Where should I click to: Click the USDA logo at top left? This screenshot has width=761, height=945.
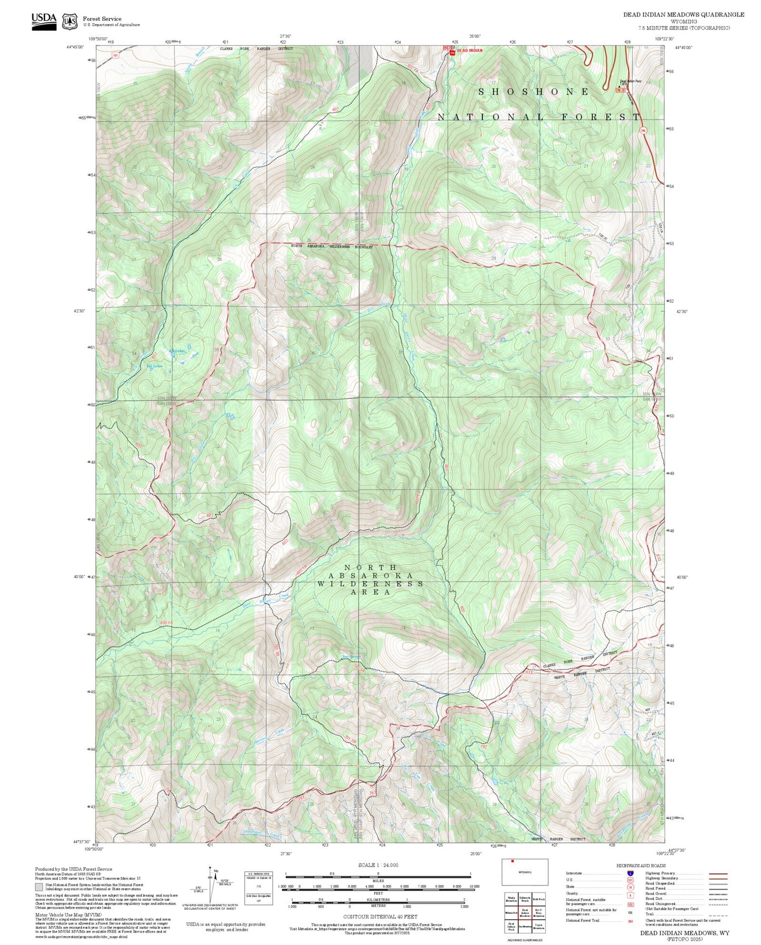[44, 21]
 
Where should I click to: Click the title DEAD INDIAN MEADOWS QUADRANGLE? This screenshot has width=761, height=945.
[684, 15]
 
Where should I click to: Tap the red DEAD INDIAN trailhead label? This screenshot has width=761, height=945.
[469, 51]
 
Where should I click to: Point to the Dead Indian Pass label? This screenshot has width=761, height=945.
[630, 81]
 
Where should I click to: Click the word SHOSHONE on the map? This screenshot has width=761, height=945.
[534, 92]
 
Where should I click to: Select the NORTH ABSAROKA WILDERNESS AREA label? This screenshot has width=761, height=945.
[370, 579]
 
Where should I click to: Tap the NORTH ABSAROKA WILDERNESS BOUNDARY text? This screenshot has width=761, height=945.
[332, 247]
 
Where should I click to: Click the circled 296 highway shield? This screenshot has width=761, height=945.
[643, 130]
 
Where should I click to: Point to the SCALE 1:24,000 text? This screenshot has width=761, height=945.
[378, 865]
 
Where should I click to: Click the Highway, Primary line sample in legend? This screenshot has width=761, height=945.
[718, 873]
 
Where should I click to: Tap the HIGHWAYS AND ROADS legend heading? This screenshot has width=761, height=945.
[641, 865]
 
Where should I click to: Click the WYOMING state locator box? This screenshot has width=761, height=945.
[525, 872]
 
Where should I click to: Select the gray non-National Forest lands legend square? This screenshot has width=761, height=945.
[39, 887]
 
